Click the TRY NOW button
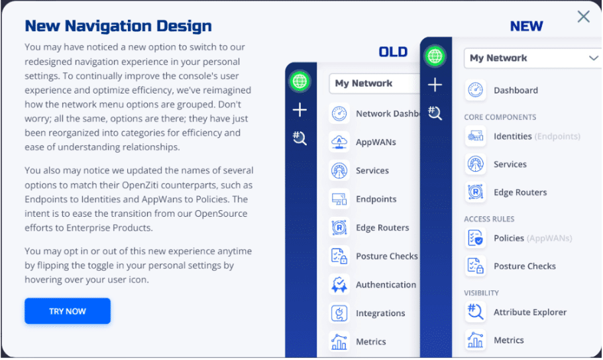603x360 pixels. pyautogui.click(x=68, y=311)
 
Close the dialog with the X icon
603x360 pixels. pyautogui.click(x=583, y=17)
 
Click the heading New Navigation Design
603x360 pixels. pyautogui.click(x=118, y=27)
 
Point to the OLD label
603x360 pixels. pyautogui.click(x=393, y=52)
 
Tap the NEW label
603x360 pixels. pyautogui.click(x=526, y=27)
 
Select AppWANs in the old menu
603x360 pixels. pyautogui.click(x=376, y=142)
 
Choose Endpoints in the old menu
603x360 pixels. pyautogui.click(x=376, y=199)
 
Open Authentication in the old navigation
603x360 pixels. pyautogui.click(x=386, y=284)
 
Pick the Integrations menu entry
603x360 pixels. pyautogui.click(x=380, y=313)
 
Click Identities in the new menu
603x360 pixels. pyautogui.click(x=512, y=137)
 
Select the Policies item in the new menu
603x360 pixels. pyautogui.click(x=509, y=238)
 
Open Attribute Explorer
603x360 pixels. pyautogui.click(x=529, y=312)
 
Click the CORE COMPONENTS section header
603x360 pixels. pyautogui.click(x=500, y=117)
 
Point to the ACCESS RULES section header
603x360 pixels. pyautogui.click(x=489, y=219)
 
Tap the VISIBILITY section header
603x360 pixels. pyautogui.click(x=481, y=292)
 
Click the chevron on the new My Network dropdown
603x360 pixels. pyautogui.click(x=593, y=58)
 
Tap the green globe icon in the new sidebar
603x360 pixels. pyautogui.click(x=435, y=55)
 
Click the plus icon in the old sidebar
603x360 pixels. pyautogui.click(x=300, y=110)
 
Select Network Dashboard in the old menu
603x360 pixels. pyautogui.click(x=388, y=113)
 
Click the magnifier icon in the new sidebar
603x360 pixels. pyautogui.click(x=435, y=113)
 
